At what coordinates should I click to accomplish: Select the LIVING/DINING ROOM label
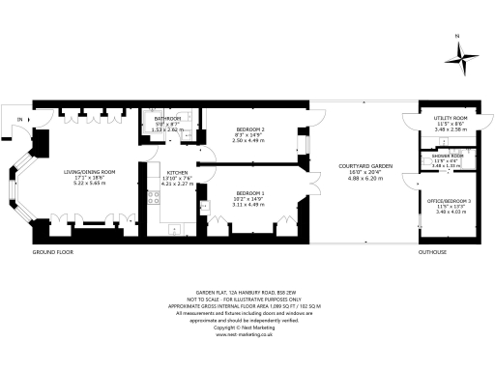tap(90, 172)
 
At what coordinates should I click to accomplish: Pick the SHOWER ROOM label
tap(449, 156)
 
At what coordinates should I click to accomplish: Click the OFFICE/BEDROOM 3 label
tap(451, 200)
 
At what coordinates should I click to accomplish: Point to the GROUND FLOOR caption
tap(52, 252)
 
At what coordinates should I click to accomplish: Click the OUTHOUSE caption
tap(431, 252)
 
